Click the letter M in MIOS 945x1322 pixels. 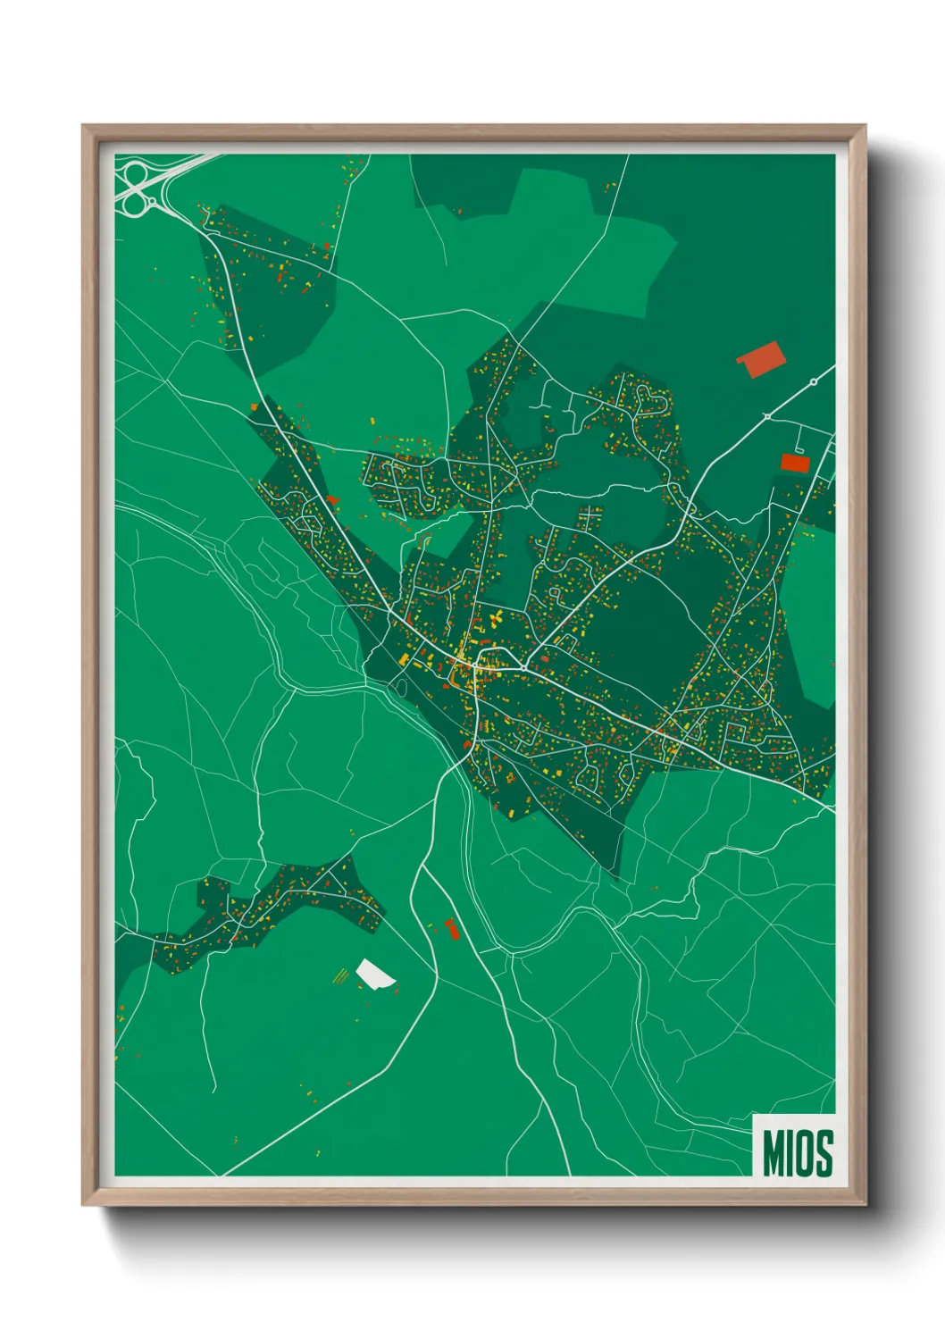coord(773,1153)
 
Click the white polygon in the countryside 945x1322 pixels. coord(374,975)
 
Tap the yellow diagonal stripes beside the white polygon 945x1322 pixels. coord(340,975)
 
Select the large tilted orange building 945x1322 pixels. coord(760,358)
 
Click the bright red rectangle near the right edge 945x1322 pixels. coord(795,463)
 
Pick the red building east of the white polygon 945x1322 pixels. coord(451,928)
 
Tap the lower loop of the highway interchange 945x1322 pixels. coord(134,205)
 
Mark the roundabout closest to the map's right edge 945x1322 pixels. coord(814,382)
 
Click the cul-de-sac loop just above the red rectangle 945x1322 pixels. coord(799,448)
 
